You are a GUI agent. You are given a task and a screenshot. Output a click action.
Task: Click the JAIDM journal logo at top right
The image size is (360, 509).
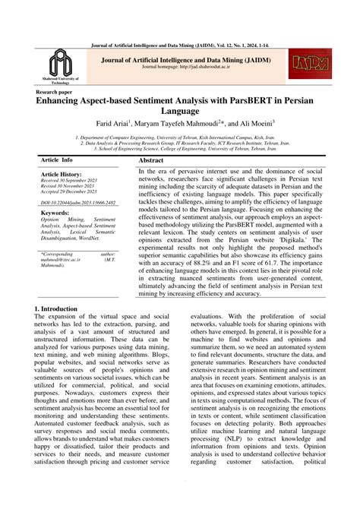(311, 65)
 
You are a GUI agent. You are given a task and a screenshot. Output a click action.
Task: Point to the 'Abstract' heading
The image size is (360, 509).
(151, 161)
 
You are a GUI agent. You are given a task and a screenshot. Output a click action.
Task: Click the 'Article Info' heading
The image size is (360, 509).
(57, 161)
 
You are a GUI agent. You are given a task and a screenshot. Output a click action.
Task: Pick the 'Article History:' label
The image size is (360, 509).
(62, 174)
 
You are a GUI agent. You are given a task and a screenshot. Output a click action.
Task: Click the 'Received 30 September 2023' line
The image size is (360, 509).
(73, 180)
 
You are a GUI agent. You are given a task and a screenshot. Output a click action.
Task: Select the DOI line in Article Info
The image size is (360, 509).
(78, 203)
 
